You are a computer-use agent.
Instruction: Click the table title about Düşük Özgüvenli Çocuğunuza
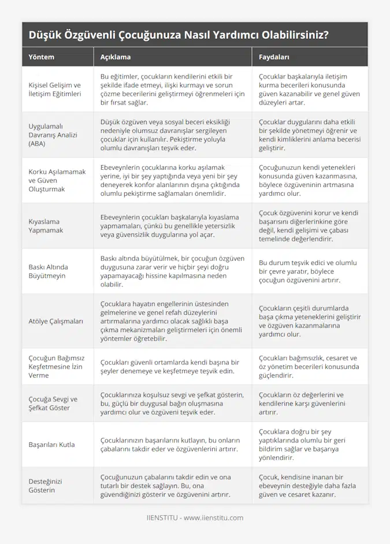coord(179,35)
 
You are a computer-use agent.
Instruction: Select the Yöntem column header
coord(41,57)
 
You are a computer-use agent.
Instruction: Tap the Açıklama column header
coord(116,57)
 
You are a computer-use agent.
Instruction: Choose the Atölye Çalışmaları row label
coord(56,321)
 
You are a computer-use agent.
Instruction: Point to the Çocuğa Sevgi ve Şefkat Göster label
coord(53,403)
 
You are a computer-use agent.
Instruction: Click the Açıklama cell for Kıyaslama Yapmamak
coord(172,225)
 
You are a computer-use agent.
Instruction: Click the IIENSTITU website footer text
coord(195,517)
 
